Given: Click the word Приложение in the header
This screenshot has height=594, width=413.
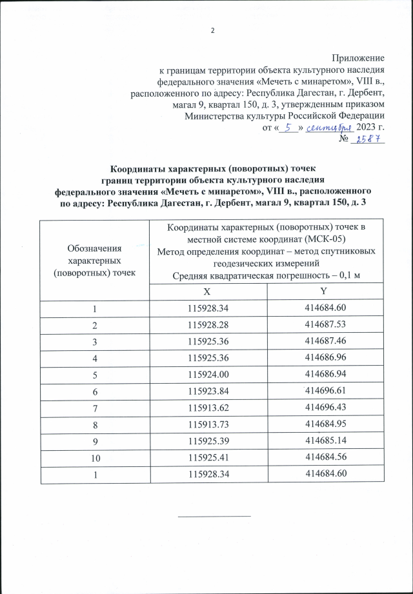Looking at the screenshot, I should pos(358,59).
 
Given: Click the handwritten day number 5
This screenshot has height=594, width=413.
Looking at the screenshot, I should pos(288,127).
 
